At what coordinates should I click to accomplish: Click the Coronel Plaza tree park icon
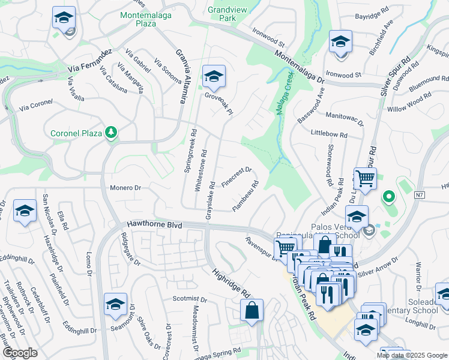point(111,132)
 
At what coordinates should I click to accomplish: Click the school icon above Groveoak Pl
point(213,76)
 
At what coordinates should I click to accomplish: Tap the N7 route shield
point(420,194)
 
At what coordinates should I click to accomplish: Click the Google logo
point(20,353)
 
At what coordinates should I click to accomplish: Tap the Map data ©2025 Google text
point(411,355)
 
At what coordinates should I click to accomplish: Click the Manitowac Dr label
point(345,118)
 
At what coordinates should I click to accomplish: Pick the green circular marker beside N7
point(388,196)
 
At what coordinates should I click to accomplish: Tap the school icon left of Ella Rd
point(25,211)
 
